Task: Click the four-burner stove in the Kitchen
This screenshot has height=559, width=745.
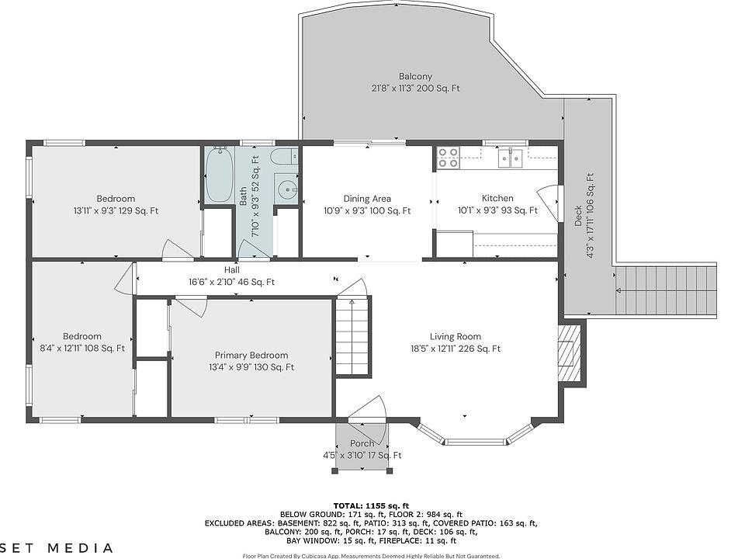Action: coord(449,158)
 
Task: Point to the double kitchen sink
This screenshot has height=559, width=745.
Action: coord(511,158)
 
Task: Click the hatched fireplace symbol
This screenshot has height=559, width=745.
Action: coord(569,353)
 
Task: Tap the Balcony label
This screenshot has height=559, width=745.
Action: coord(415,76)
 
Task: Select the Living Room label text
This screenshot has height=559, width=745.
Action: coord(456,336)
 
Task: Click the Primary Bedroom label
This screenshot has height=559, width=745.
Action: coord(251,355)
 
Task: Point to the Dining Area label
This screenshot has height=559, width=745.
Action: coord(367,199)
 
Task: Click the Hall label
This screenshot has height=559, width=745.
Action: coord(232,269)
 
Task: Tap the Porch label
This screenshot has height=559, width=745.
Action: coord(362,443)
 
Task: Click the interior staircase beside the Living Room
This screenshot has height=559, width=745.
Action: coord(352,335)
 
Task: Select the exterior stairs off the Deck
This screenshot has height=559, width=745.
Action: coord(665,290)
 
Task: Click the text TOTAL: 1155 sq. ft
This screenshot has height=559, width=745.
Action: coord(371,505)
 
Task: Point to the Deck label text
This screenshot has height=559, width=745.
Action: coord(577,216)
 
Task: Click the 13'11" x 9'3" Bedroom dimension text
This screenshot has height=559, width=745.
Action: coord(116,210)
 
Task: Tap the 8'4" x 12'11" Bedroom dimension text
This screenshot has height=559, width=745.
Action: coord(82,349)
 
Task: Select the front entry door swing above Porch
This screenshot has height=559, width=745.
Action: coord(367,412)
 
